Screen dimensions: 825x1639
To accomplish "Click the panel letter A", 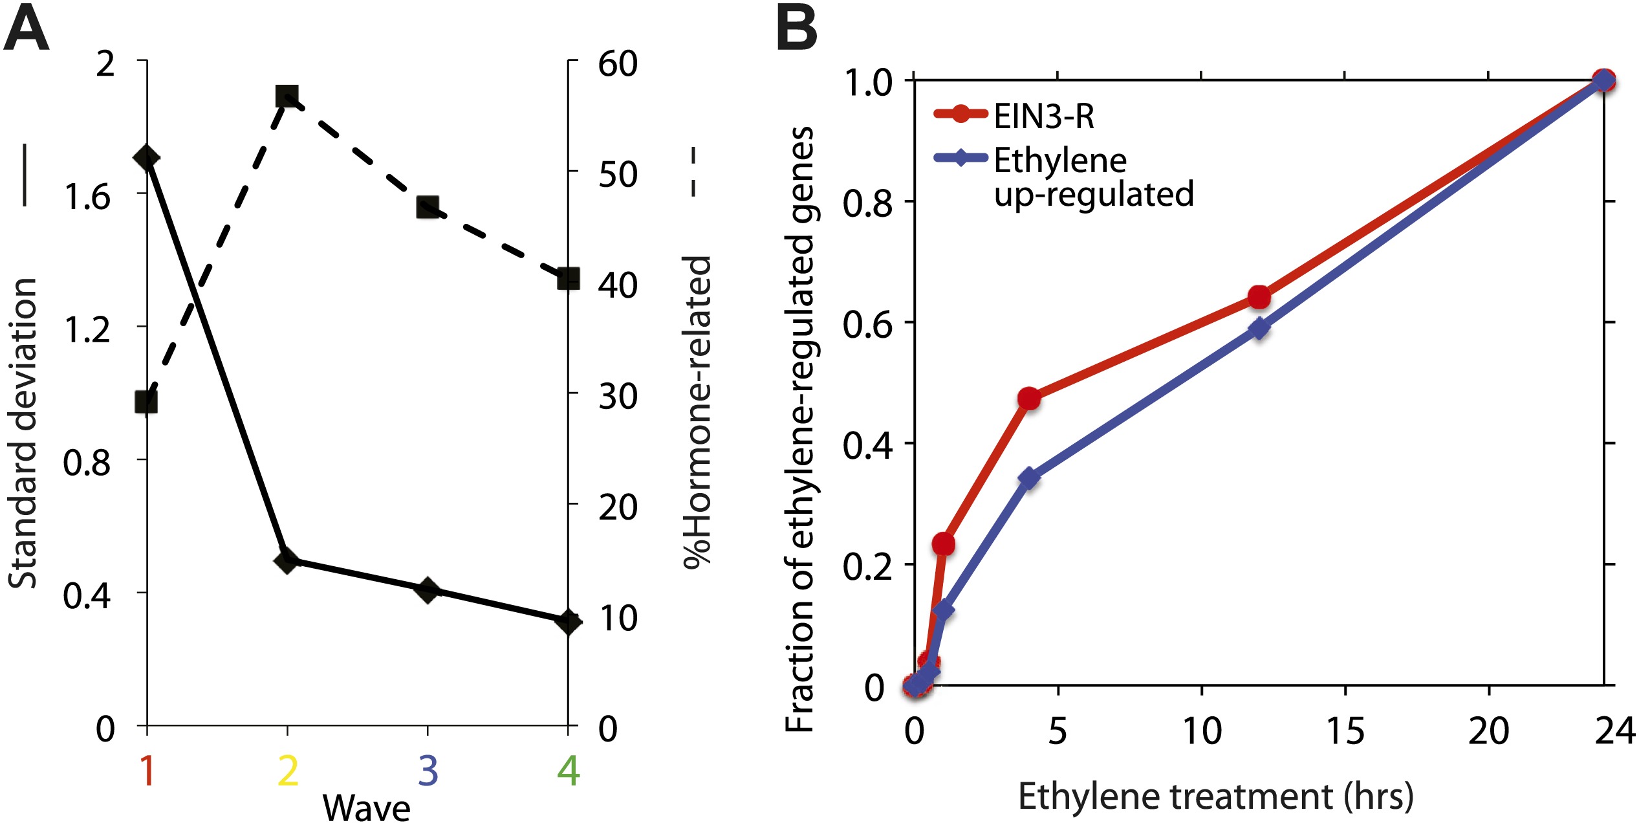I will (27, 30).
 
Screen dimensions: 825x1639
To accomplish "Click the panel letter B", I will (796, 30).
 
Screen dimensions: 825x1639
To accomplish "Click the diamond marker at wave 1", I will (147, 158).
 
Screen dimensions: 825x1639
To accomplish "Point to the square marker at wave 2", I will (287, 97).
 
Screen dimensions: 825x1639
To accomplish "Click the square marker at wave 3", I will (428, 207).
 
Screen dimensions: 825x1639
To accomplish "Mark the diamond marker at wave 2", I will (287, 560).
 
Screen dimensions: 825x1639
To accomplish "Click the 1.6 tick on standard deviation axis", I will (87, 196).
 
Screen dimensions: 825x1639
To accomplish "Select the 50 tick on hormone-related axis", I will (618, 174).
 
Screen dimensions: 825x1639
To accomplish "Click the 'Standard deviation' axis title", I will (23, 434).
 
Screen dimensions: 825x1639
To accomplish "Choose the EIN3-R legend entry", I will (1043, 116).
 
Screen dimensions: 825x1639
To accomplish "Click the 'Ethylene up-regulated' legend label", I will (1093, 177).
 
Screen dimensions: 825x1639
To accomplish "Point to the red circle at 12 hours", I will (1259, 297).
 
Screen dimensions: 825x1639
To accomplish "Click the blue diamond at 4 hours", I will (1029, 479).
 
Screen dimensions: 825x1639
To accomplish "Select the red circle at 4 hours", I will (1029, 399).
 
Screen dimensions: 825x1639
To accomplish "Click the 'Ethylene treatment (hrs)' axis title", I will (1215, 796).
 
